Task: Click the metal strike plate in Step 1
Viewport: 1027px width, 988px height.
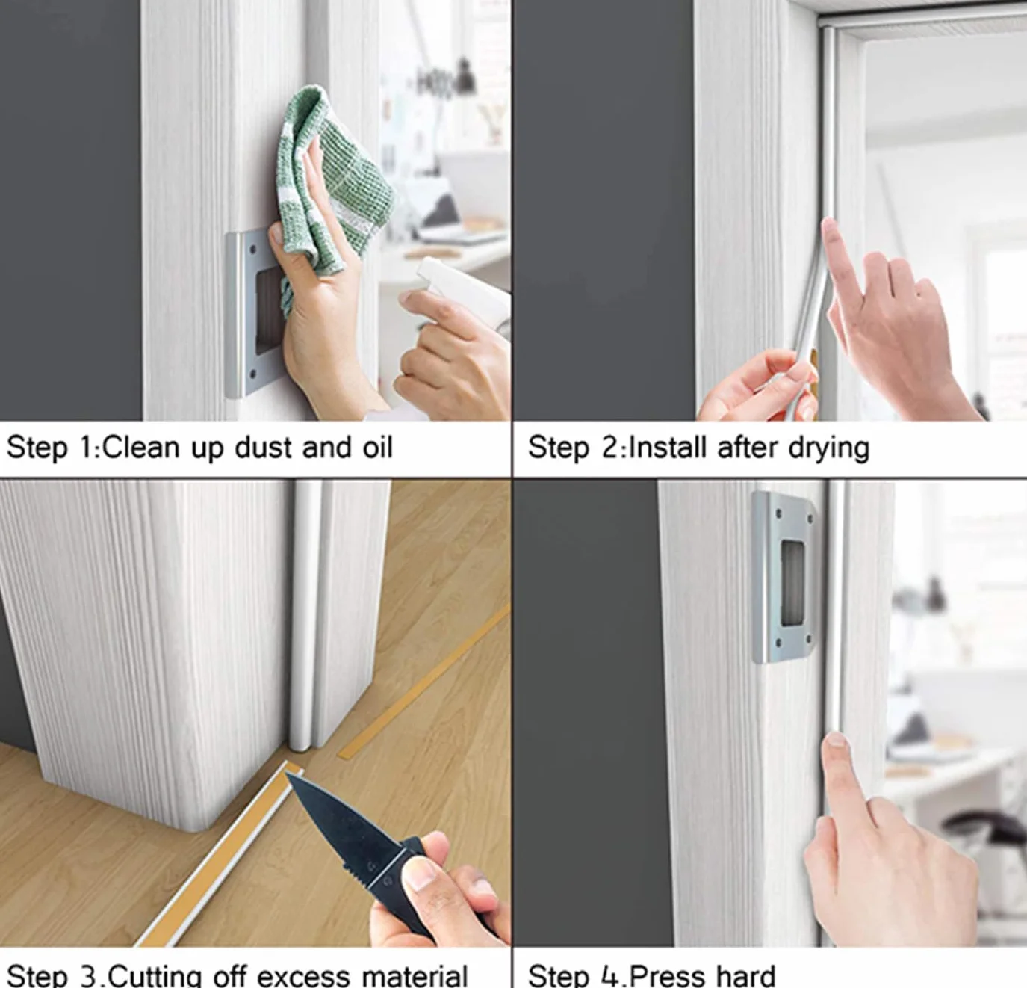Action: coord(248,314)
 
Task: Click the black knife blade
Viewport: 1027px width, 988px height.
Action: coord(343,827)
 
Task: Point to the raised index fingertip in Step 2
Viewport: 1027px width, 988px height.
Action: coord(830,228)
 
